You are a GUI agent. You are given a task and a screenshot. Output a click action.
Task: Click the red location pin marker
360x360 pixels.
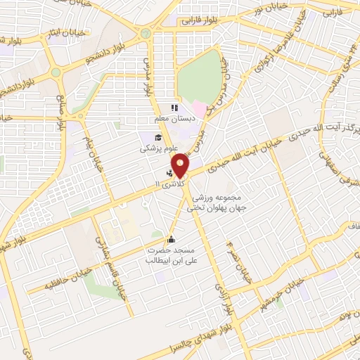tap(181, 165)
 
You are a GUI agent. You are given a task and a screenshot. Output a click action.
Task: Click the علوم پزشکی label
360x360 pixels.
tap(156, 150)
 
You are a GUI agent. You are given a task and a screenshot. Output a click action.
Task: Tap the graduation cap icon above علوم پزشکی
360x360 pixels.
tap(159, 137)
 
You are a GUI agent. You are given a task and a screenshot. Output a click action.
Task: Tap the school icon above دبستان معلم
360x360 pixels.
tap(173, 108)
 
